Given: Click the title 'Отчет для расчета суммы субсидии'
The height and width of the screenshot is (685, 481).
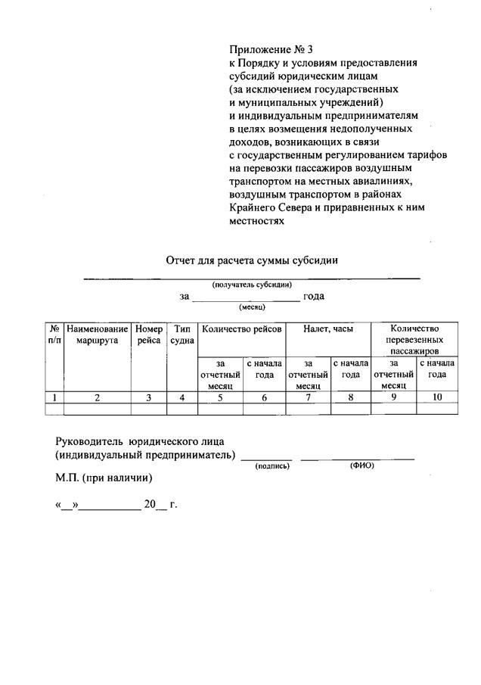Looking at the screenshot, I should (x=251, y=260).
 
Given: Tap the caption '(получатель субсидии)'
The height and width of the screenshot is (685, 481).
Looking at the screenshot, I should (x=252, y=285).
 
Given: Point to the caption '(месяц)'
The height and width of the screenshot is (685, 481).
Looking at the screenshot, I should (x=252, y=307).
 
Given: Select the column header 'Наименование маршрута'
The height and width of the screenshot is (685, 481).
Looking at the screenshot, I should (x=98, y=335).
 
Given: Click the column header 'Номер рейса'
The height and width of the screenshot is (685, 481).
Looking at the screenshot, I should (x=149, y=335).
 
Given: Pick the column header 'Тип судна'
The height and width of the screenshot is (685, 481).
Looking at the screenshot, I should (x=182, y=335).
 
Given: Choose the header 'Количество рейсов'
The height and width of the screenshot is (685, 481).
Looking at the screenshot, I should (x=241, y=329).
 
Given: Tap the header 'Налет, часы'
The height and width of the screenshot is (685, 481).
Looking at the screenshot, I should (x=327, y=329).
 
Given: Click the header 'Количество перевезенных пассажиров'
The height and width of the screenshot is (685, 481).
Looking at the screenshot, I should (x=414, y=340).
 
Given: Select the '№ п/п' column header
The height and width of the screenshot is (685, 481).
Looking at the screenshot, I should (x=54, y=335).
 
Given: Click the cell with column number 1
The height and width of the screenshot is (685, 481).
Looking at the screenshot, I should (x=54, y=397).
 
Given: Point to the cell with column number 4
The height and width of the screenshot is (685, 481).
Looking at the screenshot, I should (x=182, y=397).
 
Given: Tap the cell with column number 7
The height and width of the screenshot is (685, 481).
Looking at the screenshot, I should (x=308, y=397).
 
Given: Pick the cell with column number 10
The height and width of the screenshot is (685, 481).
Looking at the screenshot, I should (x=436, y=397).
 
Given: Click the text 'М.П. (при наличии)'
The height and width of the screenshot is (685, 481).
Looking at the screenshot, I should (x=104, y=478).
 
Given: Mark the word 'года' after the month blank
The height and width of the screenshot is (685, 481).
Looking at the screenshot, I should (x=314, y=296).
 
